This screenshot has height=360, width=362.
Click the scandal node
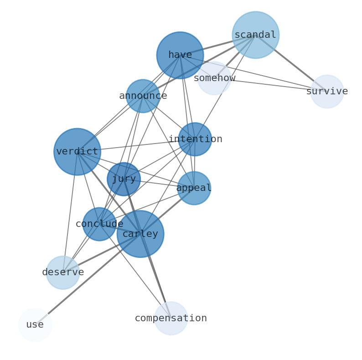click(x=255, y=35)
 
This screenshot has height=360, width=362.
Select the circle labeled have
click(x=180, y=55)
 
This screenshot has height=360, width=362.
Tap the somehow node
click(x=214, y=78)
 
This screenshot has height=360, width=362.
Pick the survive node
click(x=327, y=92)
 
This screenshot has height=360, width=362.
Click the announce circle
click(x=143, y=96)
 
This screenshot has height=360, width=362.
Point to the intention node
click(x=195, y=139)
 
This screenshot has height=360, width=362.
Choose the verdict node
click(x=77, y=152)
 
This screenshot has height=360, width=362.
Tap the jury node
click(x=124, y=179)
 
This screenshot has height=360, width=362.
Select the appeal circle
click(x=194, y=188)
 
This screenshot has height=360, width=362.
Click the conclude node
click(x=99, y=224)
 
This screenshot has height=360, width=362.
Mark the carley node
click(x=140, y=234)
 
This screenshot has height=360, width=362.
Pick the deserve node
click(x=63, y=273)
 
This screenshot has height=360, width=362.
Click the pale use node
click(x=35, y=325)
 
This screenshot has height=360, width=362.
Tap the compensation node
click(x=171, y=318)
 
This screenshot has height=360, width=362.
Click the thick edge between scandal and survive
click(x=291, y=63)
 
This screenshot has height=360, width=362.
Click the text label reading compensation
click(x=171, y=318)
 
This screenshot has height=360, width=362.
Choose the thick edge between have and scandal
click(x=218, y=45)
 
